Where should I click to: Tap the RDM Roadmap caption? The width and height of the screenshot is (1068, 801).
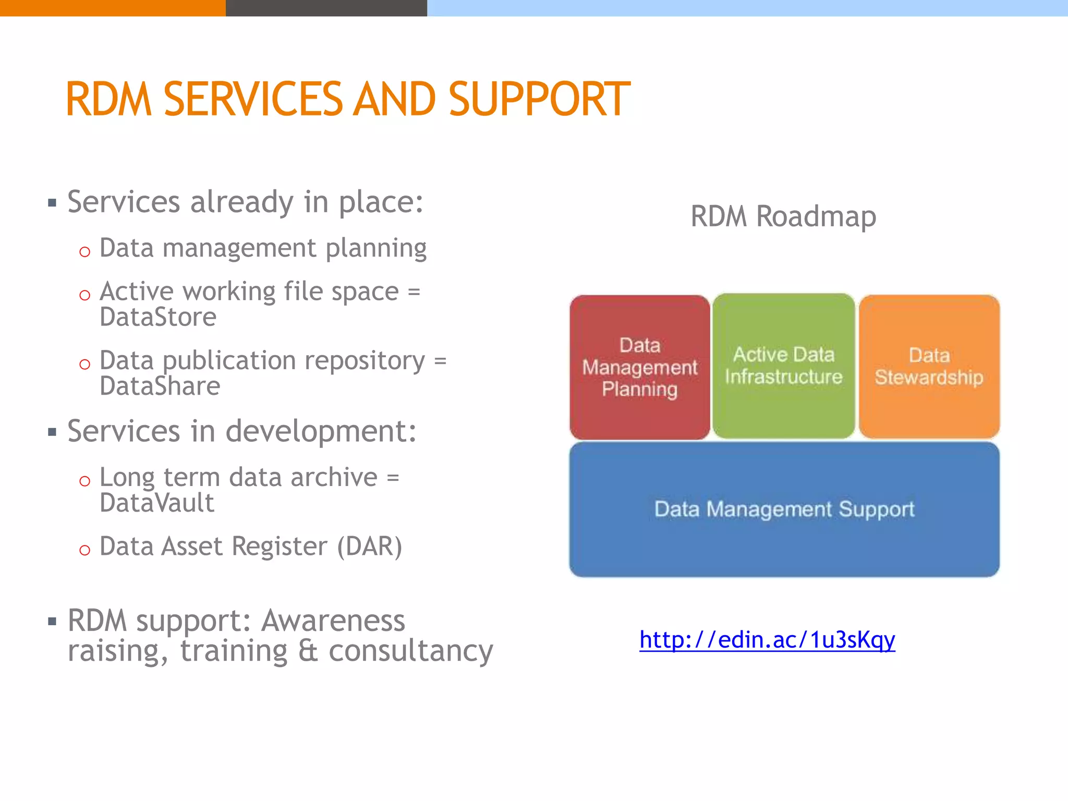pyautogui.click(x=783, y=216)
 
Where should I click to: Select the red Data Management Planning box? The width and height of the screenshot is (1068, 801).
pyautogui.click(x=639, y=367)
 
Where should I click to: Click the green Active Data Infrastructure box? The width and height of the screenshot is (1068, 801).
pyautogui.click(x=783, y=366)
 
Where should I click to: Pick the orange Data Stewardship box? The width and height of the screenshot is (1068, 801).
pyautogui.click(x=929, y=366)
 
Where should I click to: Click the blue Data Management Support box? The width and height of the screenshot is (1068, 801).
pyautogui.click(x=784, y=509)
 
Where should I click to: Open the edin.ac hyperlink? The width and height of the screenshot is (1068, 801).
pyautogui.click(x=767, y=640)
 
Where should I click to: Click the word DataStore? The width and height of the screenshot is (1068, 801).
pyautogui.click(x=158, y=317)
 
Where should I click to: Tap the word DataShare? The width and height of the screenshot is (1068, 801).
pyautogui.click(x=160, y=386)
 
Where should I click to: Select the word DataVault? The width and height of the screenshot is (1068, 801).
pyautogui.click(x=156, y=503)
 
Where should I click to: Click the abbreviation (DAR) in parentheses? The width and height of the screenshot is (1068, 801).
pyautogui.click(x=369, y=547)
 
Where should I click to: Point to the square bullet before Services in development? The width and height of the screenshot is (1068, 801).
pyautogui.click(x=52, y=432)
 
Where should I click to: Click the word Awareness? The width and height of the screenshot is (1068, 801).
pyautogui.click(x=333, y=621)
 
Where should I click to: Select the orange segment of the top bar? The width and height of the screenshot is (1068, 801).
pyautogui.click(x=112, y=8)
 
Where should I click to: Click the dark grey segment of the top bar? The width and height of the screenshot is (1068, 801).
pyautogui.click(x=326, y=8)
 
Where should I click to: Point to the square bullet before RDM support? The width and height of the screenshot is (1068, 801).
pyautogui.click(x=52, y=622)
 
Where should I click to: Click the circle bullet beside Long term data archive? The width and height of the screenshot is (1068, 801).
pyautogui.click(x=84, y=481)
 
